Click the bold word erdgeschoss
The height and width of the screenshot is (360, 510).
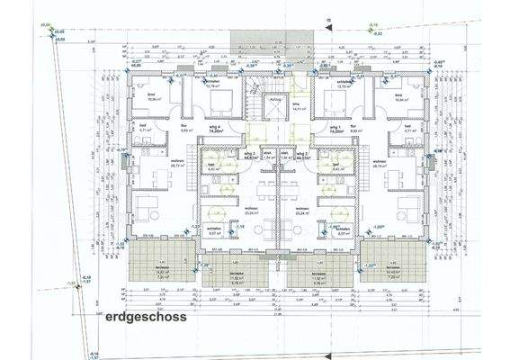pos(146,318)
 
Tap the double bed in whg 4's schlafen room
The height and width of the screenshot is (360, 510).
pos(225,98)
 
